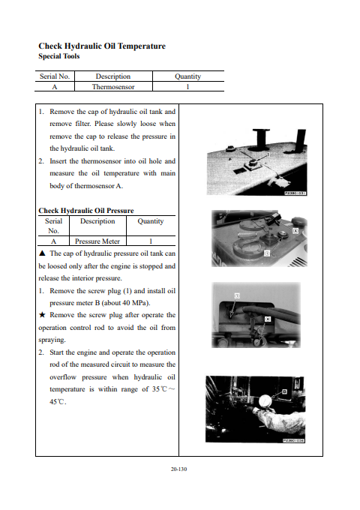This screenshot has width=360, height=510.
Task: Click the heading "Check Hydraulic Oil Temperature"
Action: point(102,46)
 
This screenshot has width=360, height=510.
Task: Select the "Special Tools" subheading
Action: point(58,56)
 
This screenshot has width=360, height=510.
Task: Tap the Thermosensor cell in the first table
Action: point(113,87)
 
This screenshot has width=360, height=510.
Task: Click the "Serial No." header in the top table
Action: point(55,76)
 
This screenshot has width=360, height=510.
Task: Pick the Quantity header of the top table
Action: point(188,76)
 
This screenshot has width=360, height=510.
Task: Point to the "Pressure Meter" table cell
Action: point(97,241)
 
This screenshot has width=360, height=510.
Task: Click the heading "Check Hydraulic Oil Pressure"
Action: point(86,211)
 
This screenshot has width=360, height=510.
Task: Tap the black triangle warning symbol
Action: point(42,253)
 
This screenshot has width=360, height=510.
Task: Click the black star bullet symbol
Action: point(42,315)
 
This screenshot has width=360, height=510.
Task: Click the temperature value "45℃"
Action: point(58,402)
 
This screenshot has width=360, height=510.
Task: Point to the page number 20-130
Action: point(178,469)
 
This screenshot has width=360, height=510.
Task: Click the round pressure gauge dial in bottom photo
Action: point(266,401)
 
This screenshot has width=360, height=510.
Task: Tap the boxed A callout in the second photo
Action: point(295,230)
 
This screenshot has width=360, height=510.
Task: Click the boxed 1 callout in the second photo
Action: point(267,253)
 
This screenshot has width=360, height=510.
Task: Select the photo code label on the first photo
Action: point(295,193)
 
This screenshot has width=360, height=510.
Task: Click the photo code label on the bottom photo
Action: point(293,440)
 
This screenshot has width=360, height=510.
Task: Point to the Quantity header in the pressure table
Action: point(151,221)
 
